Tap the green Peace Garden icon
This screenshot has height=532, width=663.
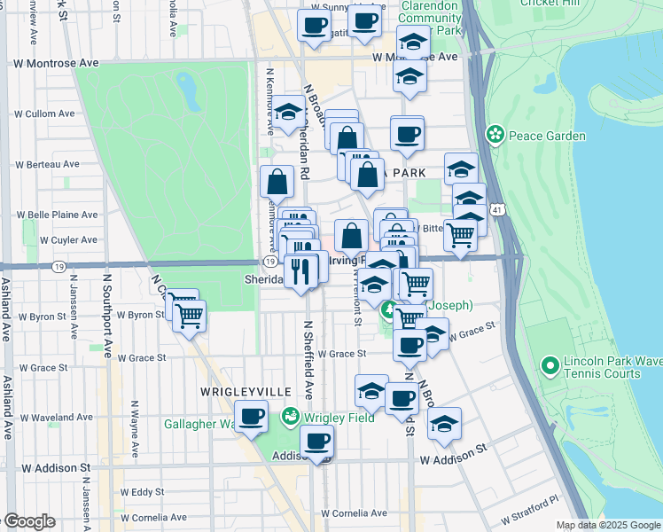coord(495,136)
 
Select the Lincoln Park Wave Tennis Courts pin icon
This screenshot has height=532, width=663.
coord(550,364)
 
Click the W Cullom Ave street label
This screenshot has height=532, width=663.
coord(43,114)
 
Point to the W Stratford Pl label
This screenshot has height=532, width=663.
coord(529,509)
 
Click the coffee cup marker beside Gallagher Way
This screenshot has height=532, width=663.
coord(252,417)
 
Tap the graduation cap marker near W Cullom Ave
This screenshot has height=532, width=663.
coord(288,113)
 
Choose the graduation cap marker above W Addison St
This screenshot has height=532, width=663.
coord(444,424)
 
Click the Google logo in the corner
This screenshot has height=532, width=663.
coord(28,521)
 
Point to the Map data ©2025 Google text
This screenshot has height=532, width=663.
coord(607,525)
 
